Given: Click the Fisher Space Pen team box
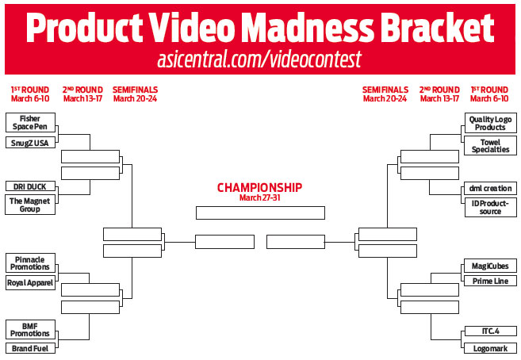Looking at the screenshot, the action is coord(30,123).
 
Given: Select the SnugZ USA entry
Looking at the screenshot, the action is coord(30,143).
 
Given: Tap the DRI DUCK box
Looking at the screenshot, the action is coord(30,186).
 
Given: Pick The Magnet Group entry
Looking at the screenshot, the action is coord(30,205).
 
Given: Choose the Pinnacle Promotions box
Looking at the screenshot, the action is coord(30,263).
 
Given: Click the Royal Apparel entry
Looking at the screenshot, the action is coord(30,282).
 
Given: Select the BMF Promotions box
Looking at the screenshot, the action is coord(30,329).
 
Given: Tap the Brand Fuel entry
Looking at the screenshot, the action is coord(30,348).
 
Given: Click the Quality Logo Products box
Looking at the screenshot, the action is coord(490,123).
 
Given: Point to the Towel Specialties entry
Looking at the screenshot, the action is coord(490,146).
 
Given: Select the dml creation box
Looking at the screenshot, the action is coord(490,188).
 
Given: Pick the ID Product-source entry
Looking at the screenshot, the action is coord(490,207).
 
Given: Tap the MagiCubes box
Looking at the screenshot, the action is coord(490,266).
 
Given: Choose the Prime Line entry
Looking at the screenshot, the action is coord(490,281).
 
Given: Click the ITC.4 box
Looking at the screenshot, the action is coord(491,331).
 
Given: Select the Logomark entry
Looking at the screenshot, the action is coord(491,348).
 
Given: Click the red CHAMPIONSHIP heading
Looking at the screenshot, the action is coord(260,188).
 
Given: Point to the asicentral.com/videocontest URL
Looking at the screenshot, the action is coord(259,59).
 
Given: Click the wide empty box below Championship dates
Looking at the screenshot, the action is coord(260,213).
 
